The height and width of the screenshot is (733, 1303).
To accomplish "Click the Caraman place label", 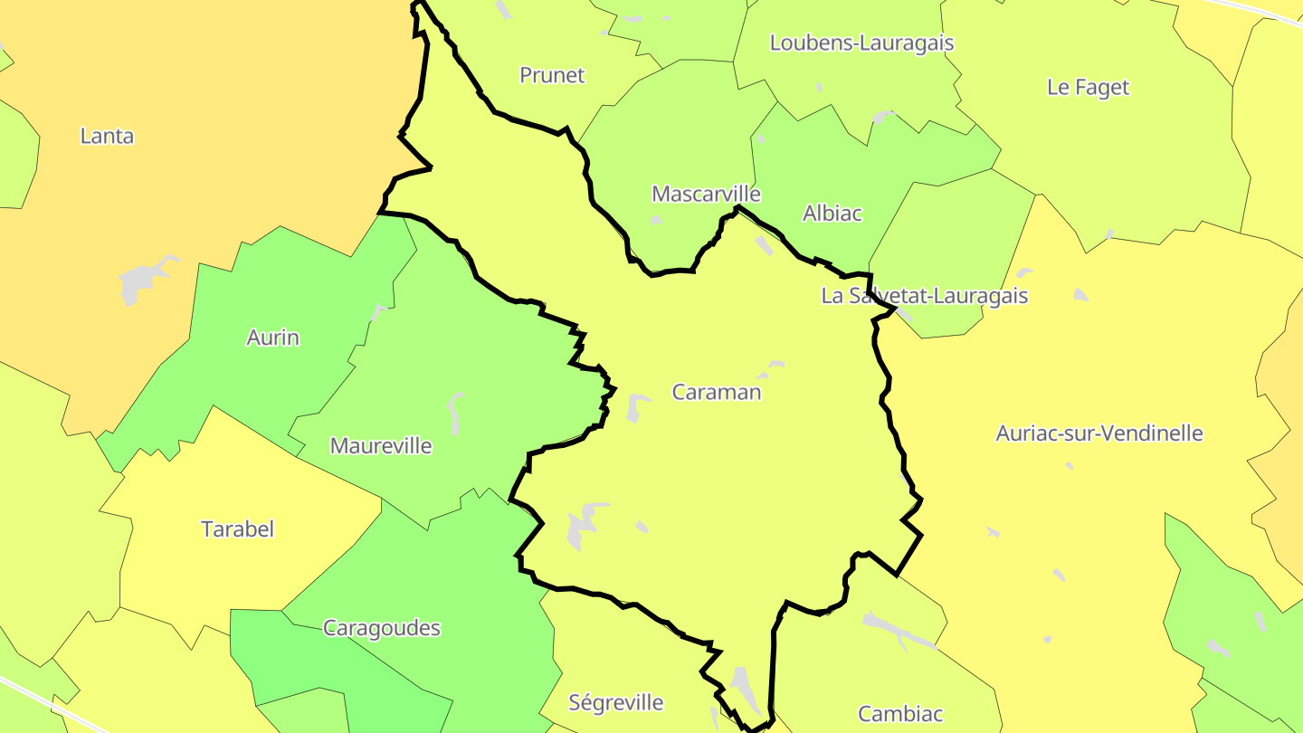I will tap(717, 392).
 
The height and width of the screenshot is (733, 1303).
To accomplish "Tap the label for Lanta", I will tap(107, 136).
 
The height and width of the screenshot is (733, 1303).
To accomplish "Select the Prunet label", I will tap(552, 75).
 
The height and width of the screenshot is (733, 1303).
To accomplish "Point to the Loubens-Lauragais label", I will tap(861, 43).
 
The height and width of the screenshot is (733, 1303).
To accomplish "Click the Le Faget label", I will tap(1088, 87).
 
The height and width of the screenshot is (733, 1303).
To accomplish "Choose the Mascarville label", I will tap(706, 194).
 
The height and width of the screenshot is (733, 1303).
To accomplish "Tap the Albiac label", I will tap(832, 213).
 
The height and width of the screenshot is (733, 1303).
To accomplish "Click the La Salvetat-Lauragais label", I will tap(924, 295).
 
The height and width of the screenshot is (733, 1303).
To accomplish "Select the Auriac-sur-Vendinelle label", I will tap(1099, 433).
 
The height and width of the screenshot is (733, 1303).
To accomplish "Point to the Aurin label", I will tap(272, 338).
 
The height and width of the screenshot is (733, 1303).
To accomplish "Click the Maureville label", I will tap(381, 445).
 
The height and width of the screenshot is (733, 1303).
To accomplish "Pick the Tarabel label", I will tap(237, 528).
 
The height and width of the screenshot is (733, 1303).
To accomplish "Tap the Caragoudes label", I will tap(382, 627).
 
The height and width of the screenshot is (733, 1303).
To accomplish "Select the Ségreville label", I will tap(616, 701).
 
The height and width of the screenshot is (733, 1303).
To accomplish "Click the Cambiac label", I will tap(900, 713).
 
